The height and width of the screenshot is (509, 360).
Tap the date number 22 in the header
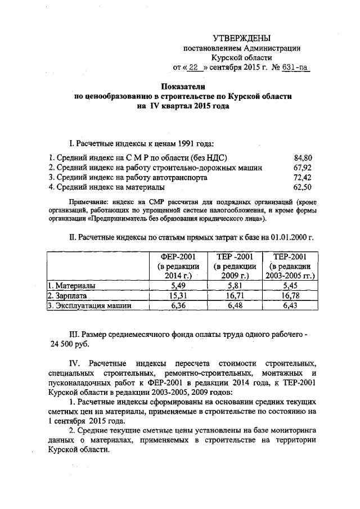tap(193, 67)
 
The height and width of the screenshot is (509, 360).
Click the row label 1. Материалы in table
tap(70, 286)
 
